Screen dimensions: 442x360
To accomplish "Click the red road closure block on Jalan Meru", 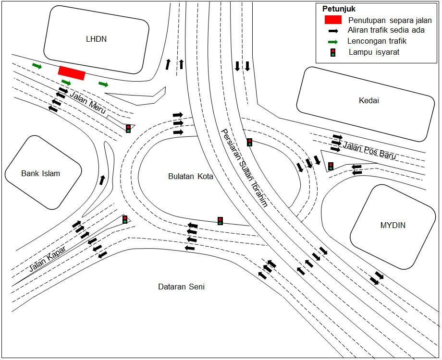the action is (x=72, y=73).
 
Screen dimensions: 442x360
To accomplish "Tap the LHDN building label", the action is (x=97, y=39).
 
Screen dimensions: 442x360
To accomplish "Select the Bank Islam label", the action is (x=40, y=173).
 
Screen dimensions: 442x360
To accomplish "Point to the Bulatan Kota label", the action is (x=191, y=176).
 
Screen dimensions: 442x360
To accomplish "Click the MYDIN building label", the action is (x=393, y=225).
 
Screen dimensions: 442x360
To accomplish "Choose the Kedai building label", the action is (x=368, y=100).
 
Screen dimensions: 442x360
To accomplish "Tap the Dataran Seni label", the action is (x=181, y=287).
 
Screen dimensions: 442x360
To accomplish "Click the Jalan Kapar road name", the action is (x=48, y=259).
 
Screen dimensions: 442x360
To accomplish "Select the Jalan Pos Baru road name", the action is (x=369, y=150).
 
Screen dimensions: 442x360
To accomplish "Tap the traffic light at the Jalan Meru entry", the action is (x=128, y=129).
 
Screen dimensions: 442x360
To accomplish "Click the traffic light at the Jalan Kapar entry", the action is (x=125, y=219).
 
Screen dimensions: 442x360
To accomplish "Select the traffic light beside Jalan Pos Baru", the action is (x=331, y=166).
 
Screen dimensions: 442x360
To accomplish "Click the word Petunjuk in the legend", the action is (x=339, y=9).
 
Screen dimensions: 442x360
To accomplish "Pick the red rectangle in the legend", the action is (x=333, y=20).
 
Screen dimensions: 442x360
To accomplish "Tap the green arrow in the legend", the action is (x=333, y=42).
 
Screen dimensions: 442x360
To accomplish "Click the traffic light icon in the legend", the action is (x=333, y=52).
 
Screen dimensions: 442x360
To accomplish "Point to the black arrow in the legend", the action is (x=333, y=31).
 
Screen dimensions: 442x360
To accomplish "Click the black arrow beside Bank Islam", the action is (x=102, y=180).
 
